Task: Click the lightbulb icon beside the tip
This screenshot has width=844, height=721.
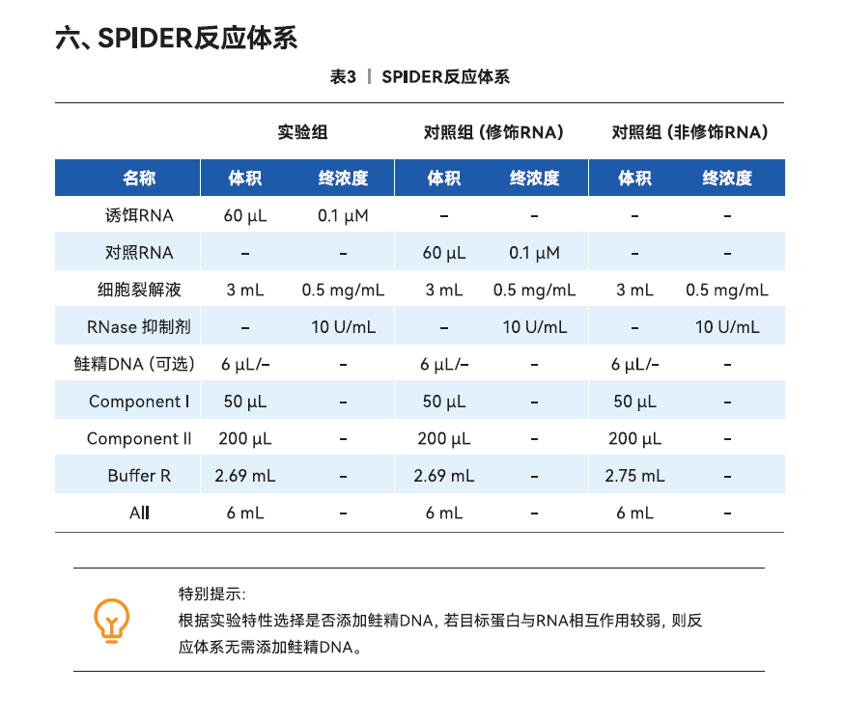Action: (x=111, y=620)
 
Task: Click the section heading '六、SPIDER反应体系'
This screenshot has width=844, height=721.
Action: (x=177, y=38)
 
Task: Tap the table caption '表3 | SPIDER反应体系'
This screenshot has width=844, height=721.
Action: (x=419, y=77)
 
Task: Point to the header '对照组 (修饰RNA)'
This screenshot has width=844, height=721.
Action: (x=493, y=132)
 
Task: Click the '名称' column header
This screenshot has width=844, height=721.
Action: (x=139, y=179)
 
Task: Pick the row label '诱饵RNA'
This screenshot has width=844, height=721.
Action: (x=139, y=215)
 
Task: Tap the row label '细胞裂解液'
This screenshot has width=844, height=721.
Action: (x=139, y=290)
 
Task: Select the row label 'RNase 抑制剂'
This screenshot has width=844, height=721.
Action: (x=139, y=327)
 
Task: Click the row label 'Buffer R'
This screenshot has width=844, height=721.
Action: (x=139, y=476)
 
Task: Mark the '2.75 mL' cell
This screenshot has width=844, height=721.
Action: (x=634, y=476)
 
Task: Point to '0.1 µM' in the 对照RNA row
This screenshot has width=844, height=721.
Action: (x=534, y=253)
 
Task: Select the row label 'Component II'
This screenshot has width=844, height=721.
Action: (x=139, y=439)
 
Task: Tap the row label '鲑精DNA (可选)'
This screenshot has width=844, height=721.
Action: (x=135, y=364)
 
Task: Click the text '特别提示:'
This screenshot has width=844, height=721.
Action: (x=211, y=593)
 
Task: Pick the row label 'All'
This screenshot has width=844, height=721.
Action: (x=139, y=513)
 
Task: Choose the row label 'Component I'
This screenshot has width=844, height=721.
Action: (x=139, y=402)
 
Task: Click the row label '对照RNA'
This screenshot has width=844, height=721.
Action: (x=139, y=253)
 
